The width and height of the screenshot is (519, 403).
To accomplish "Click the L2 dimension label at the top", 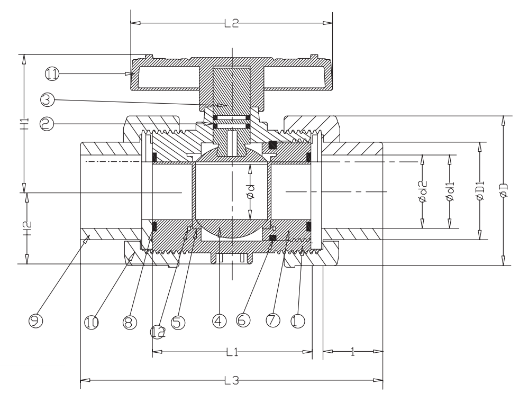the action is pos(231,23).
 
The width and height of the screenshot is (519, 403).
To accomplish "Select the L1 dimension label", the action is pos(232,352).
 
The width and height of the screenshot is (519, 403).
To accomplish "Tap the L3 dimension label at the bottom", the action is pos(232,380).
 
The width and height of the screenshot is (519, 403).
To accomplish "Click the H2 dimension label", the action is pos(28,228).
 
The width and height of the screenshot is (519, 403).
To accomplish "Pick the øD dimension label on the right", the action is pos(504,190).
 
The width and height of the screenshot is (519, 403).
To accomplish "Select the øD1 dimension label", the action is pos(480,190).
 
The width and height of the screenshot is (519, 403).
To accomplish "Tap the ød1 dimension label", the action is pos(450,191).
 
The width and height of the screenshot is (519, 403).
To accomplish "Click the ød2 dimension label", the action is pos(423,191).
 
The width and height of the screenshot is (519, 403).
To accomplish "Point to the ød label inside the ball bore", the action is pos(251,191).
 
